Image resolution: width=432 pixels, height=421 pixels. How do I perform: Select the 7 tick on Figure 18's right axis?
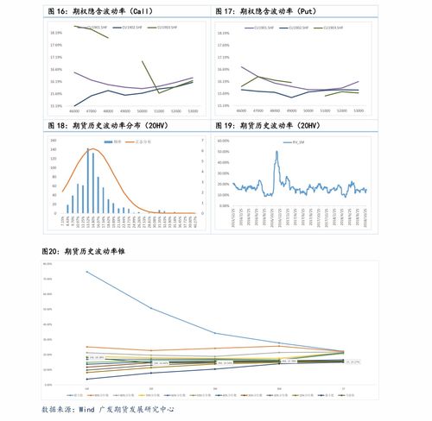pos(202,139)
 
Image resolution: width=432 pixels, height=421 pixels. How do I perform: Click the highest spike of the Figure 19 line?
pos(276,152)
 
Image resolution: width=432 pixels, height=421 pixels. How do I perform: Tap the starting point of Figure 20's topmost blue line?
pos(86,272)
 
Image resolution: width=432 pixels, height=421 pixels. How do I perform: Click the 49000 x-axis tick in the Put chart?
pos(291,111)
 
